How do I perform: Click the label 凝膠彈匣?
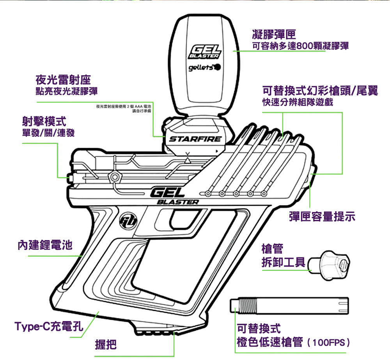[x=275, y=34]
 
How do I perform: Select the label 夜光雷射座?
[x=63, y=80]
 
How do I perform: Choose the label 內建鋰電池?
[x=45, y=245]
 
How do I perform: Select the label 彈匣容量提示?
[x=322, y=217]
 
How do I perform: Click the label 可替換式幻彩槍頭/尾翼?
[x=320, y=91]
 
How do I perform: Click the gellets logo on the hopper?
[x=204, y=68]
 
